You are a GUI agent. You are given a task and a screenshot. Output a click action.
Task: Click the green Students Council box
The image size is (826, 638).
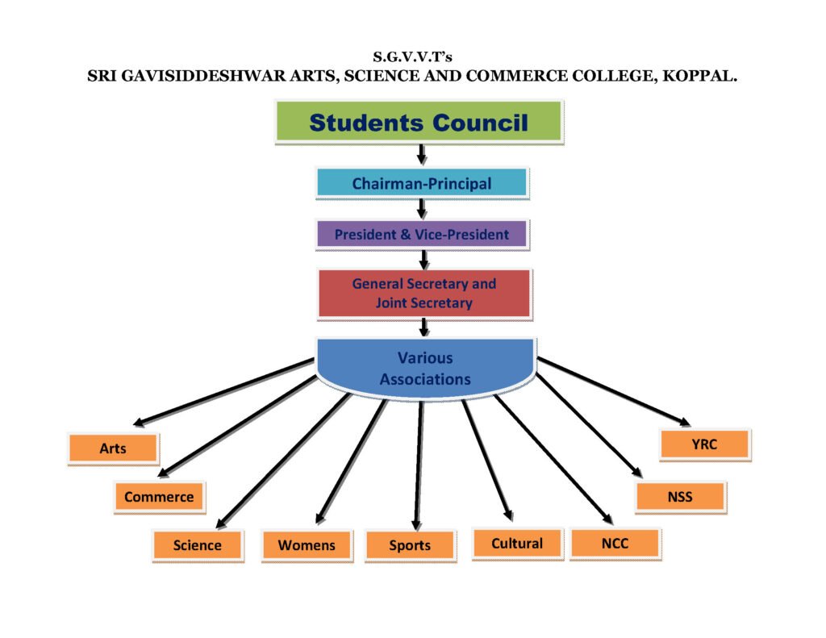[419, 123]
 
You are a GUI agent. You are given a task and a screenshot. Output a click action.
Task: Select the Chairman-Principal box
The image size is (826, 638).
[421, 183]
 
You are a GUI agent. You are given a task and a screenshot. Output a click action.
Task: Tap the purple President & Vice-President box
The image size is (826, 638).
[421, 235]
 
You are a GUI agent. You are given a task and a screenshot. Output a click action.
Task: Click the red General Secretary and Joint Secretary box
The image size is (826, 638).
[423, 294]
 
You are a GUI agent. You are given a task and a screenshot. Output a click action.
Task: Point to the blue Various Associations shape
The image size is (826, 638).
[425, 367]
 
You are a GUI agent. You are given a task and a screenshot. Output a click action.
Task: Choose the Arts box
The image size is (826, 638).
[113, 448]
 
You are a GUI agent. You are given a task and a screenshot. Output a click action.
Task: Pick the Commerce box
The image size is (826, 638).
[159, 497]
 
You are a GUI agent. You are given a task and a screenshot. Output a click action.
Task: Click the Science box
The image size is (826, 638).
[197, 545]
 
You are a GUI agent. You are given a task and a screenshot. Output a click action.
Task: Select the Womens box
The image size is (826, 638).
[307, 545]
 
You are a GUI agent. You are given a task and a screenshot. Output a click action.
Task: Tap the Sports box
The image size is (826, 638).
[410, 545]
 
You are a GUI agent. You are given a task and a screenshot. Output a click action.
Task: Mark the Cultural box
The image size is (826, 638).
[517, 544]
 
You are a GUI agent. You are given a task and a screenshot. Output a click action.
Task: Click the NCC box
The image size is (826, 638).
[615, 544]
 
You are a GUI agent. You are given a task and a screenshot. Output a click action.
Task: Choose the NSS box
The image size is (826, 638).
[680, 497]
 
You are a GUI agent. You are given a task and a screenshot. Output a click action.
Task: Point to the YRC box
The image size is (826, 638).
[704, 444]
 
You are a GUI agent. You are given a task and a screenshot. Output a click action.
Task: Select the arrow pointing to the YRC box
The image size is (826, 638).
[613, 390]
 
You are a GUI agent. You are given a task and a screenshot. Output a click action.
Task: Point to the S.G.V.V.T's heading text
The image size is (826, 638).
[412, 58]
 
